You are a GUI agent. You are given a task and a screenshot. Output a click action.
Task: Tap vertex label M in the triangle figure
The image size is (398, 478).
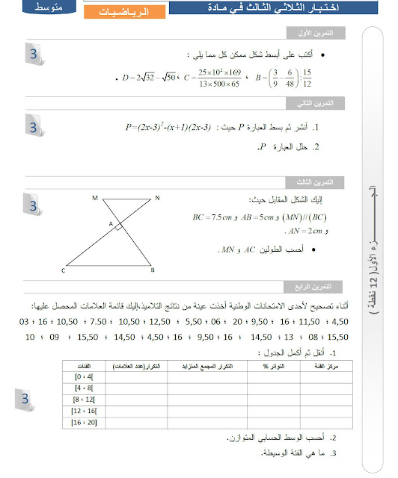95,198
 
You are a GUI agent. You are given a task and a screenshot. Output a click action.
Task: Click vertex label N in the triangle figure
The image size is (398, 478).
158,198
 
